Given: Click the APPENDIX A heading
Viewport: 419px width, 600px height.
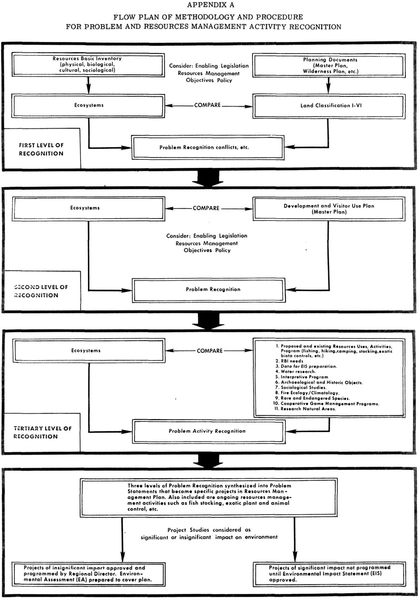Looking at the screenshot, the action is [x=210, y=5].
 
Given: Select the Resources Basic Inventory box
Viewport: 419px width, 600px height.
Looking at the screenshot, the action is [x=88, y=65].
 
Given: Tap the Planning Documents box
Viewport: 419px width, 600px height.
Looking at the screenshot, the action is [x=329, y=66].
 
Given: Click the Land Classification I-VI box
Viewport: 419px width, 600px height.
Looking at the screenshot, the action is [x=329, y=106].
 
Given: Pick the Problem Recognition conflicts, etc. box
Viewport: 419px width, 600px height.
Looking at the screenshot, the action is [x=208, y=148].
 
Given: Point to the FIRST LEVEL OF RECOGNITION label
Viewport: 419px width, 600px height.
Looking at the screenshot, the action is [x=41, y=149].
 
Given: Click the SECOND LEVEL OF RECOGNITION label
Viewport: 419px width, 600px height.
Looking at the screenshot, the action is [x=41, y=291].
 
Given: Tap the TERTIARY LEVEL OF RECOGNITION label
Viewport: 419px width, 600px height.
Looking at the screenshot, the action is [x=42, y=432].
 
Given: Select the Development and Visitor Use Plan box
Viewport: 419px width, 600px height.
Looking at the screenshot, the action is [x=329, y=209].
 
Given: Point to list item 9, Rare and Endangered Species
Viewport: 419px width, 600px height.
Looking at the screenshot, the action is [x=312, y=398].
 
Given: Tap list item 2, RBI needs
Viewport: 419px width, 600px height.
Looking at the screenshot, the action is [x=289, y=361].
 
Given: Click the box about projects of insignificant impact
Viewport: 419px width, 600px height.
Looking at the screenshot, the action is [x=88, y=574].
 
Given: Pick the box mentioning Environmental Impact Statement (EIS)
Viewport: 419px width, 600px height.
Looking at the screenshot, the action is [x=329, y=574].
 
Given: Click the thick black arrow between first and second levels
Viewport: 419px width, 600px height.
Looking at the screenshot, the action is [x=208, y=178].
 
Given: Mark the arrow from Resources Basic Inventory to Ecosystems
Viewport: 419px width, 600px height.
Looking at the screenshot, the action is [x=88, y=85].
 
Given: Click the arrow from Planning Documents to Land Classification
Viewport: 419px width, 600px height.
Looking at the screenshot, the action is [x=329, y=86].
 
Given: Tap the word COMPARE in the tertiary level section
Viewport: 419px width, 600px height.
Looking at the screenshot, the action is [x=209, y=351].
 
